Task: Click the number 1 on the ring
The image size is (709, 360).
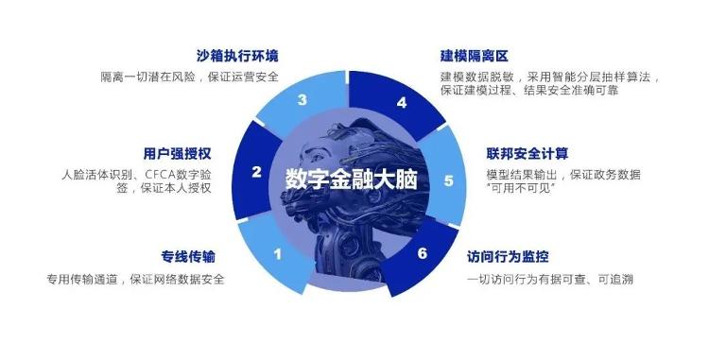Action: (x=277, y=253)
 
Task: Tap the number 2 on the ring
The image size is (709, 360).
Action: (x=256, y=172)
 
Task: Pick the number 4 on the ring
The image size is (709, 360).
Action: (x=401, y=102)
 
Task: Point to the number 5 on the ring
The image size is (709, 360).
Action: (x=448, y=180)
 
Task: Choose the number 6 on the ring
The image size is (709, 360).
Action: (x=422, y=253)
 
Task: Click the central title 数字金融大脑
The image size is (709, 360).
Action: (x=350, y=180)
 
